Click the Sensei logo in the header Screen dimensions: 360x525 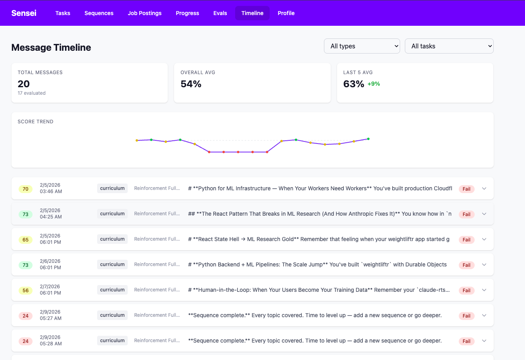point(24,13)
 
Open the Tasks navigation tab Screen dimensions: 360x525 point(63,13)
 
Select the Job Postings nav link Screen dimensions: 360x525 point(144,13)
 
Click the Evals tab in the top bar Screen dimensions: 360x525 point(220,13)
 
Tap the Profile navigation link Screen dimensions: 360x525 point(286,13)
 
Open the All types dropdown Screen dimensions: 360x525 point(362,46)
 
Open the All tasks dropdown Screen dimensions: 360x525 point(449,46)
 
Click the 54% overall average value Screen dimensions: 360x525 point(191,84)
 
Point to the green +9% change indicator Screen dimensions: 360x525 point(374,84)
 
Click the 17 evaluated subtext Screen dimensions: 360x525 point(32,93)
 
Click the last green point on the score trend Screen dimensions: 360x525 point(368,139)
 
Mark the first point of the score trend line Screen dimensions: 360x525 point(137,140)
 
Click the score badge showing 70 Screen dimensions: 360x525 point(25,189)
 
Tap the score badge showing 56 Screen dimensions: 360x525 point(25,290)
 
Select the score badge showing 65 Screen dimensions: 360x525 point(25,239)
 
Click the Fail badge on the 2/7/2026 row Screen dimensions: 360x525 point(466,290)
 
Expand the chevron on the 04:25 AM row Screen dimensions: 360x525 point(484,214)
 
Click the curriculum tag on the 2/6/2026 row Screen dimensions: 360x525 point(112,264)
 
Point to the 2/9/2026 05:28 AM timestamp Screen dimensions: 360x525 point(51,341)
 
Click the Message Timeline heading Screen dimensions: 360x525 point(51,48)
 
